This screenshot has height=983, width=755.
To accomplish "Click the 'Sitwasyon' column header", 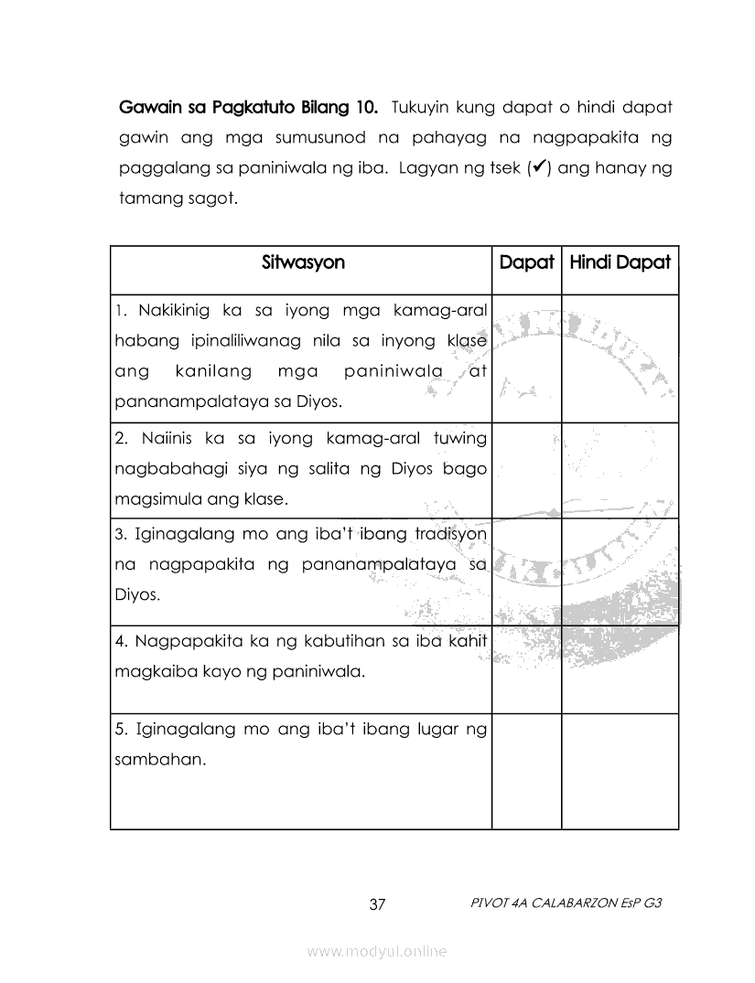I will (303, 263).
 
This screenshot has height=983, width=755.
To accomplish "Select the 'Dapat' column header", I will (526, 263).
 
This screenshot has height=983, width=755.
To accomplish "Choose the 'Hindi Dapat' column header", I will (620, 263).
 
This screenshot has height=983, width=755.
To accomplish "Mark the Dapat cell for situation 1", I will (526, 358).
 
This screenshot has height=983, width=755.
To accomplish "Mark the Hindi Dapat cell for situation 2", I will (620, 470).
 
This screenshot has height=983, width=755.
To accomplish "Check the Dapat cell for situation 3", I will (526, 572).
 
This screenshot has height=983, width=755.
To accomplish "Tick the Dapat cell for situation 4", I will (526, 669).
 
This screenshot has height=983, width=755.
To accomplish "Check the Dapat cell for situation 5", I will (526, 771).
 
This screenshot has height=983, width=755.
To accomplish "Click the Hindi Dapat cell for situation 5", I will (620, 771).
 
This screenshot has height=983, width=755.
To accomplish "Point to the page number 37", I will (377, 905).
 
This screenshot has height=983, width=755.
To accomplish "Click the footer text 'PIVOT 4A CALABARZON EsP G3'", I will (564, 903).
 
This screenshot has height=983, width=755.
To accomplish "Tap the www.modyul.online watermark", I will (377, 952).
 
